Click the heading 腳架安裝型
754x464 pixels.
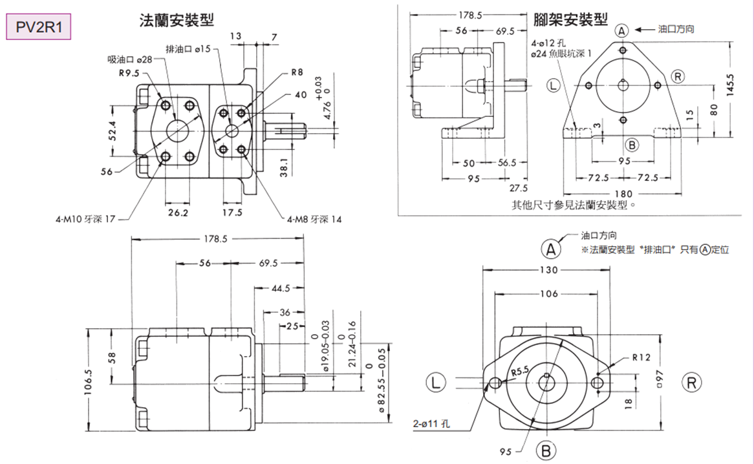tap(571, 20)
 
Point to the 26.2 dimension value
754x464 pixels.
tap(178, 212)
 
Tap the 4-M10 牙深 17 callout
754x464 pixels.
tap(85, 220)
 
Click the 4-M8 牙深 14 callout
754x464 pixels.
tap(314, 220)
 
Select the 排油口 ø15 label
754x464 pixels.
tap(188, 49)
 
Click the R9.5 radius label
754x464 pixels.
tap(130, 73)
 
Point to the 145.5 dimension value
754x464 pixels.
tap(730, 83)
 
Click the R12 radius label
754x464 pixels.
tap(641, 357)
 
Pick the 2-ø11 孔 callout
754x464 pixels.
tap(435, 425)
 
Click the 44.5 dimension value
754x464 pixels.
tap(280, 288)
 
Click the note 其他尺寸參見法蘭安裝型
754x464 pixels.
tap(570, 205)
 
